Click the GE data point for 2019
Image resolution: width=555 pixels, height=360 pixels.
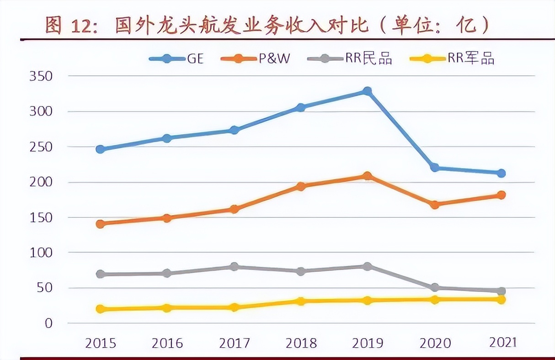tap(367, 91)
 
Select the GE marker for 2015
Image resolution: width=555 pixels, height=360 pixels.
tap(101, 149)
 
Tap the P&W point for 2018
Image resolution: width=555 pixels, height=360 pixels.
tap(300, 186)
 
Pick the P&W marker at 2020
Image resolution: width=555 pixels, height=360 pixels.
tap(434, 205)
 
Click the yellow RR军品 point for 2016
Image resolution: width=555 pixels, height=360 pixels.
tap(167, 308)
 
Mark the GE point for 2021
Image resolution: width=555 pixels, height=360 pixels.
tap(501, 173)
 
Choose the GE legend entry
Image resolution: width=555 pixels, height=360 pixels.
tap(176, 58)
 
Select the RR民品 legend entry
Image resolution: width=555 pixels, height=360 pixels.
tap(350, 58)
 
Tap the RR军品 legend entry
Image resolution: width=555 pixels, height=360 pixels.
tap(452, 58)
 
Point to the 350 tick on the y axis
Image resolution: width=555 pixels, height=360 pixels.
tap(41, 76)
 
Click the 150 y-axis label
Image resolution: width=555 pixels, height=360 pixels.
tap(41, 217)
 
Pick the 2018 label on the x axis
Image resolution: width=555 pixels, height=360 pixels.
tap(301, 343)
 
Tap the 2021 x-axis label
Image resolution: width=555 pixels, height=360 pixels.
tap(502, 342)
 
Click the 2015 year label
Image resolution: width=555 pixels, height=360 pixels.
tap(101, 343)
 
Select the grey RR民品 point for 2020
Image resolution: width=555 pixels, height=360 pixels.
tap(434, 288)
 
